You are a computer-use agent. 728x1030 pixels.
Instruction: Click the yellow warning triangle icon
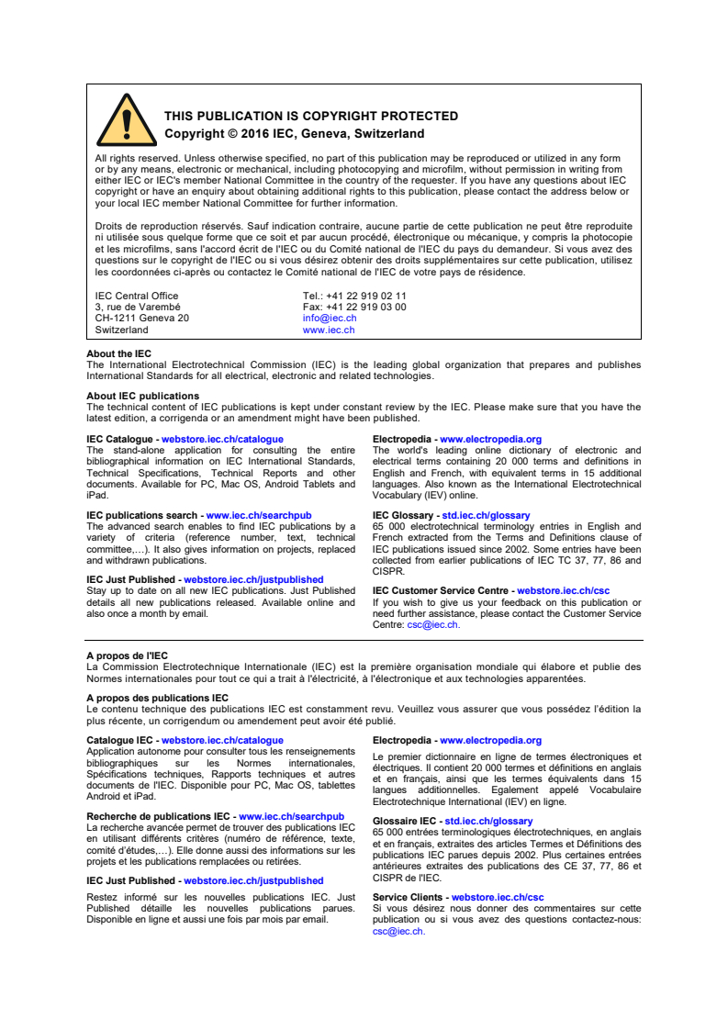coord(126,120)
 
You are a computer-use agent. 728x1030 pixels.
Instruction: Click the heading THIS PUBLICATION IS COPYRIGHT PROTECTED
coord(310,117)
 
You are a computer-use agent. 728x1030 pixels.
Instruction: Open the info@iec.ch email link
coord(330,318)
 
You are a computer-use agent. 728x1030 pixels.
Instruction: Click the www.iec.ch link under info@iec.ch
coord(329,330)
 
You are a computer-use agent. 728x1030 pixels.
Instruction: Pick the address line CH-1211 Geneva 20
coord(142,318)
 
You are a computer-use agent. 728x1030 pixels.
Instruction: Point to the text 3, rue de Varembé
coord(138,307)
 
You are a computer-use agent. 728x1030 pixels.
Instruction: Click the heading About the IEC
coord(118,353)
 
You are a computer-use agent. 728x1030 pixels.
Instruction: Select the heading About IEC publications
coord(142,396)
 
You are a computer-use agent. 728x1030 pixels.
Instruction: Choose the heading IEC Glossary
coord(404,515)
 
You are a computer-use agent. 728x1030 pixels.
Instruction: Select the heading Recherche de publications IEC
coord(158,816)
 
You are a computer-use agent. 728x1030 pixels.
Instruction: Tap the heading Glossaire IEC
coord(405,821)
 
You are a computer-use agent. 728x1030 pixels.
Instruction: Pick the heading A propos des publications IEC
coord(157,698)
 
